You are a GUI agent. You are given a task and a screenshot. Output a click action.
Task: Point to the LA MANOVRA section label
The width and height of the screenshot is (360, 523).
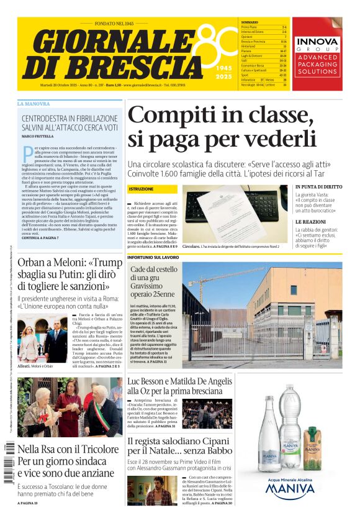click(34, 103)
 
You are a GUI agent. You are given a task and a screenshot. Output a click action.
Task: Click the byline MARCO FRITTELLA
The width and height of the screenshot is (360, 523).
click(38, 136)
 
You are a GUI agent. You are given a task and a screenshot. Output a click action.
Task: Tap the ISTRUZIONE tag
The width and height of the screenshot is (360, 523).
click(141, 189)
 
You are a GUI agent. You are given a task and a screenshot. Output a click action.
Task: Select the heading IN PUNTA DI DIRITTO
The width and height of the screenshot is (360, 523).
click(318, 187)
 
